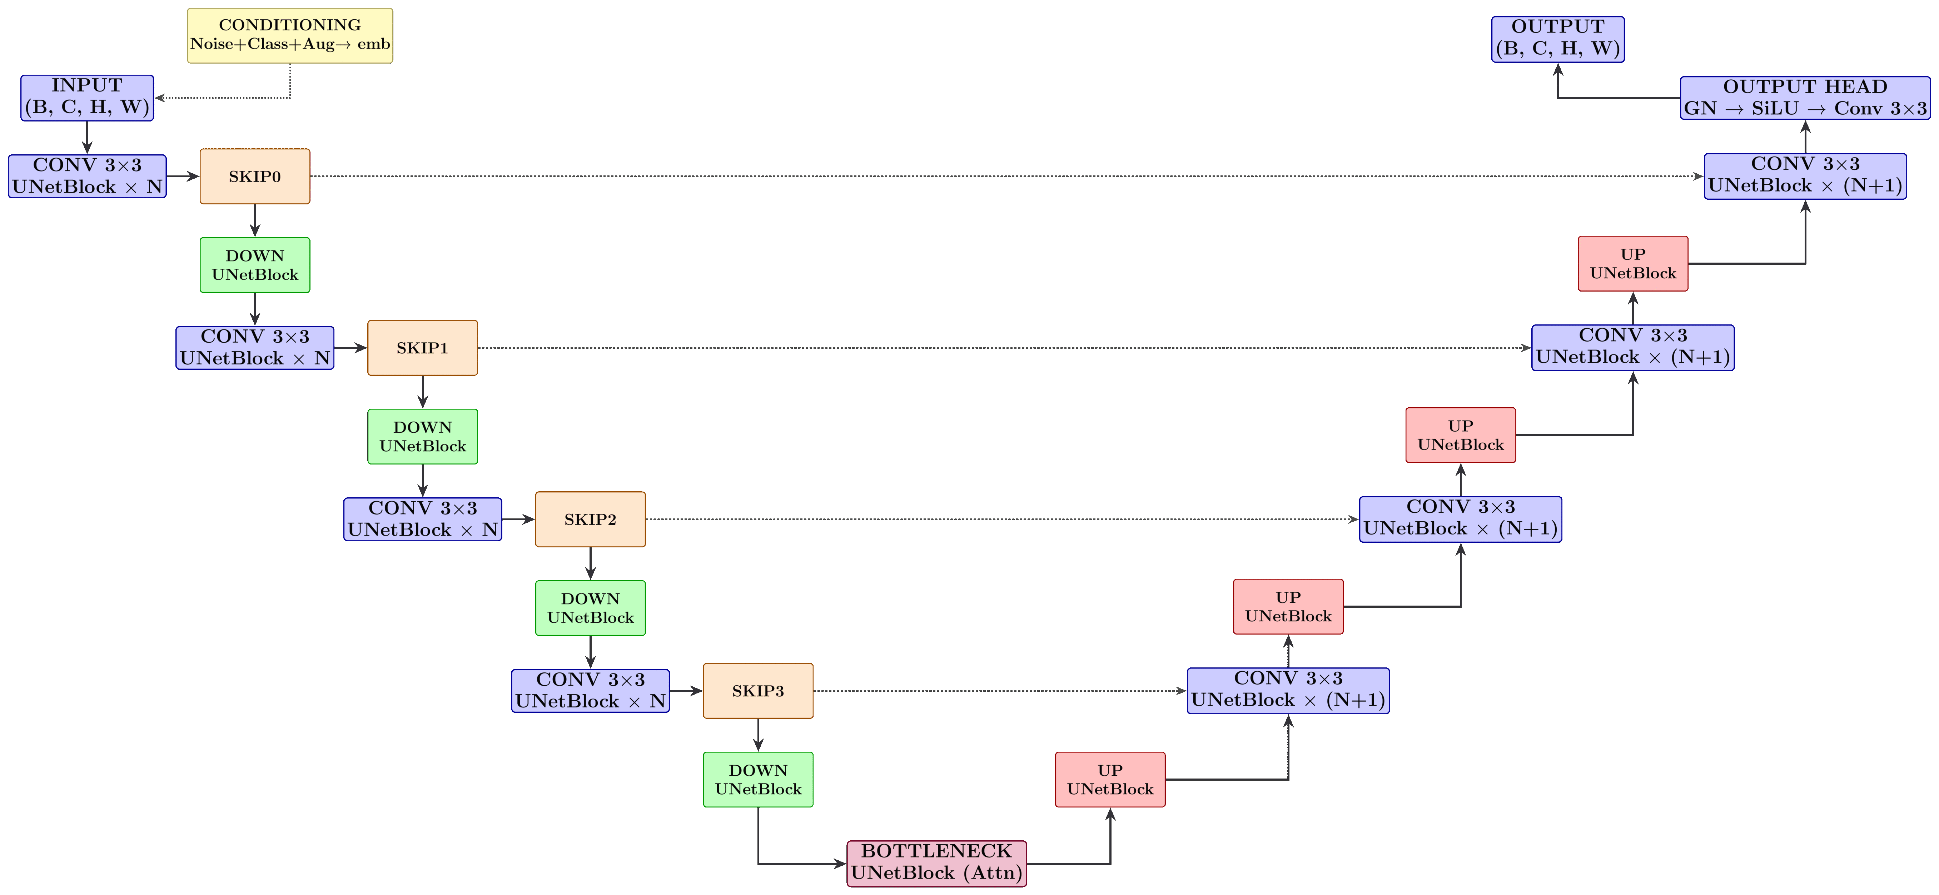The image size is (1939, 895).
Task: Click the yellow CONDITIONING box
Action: [290, 35]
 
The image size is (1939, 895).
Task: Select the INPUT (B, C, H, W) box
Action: [87, 97]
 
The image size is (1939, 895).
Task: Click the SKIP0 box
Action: [254, 176]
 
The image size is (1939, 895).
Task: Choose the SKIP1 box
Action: [422, 348]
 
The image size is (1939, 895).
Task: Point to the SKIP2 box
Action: [590, 519]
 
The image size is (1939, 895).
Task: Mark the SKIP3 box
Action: [758, 691]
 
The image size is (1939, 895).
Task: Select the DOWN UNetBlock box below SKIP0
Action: [254, 265]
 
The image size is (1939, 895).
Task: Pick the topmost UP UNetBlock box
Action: [1633, 263]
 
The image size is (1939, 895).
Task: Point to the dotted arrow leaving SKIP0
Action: [979, 176]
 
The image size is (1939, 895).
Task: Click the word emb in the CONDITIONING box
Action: [373, 44]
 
